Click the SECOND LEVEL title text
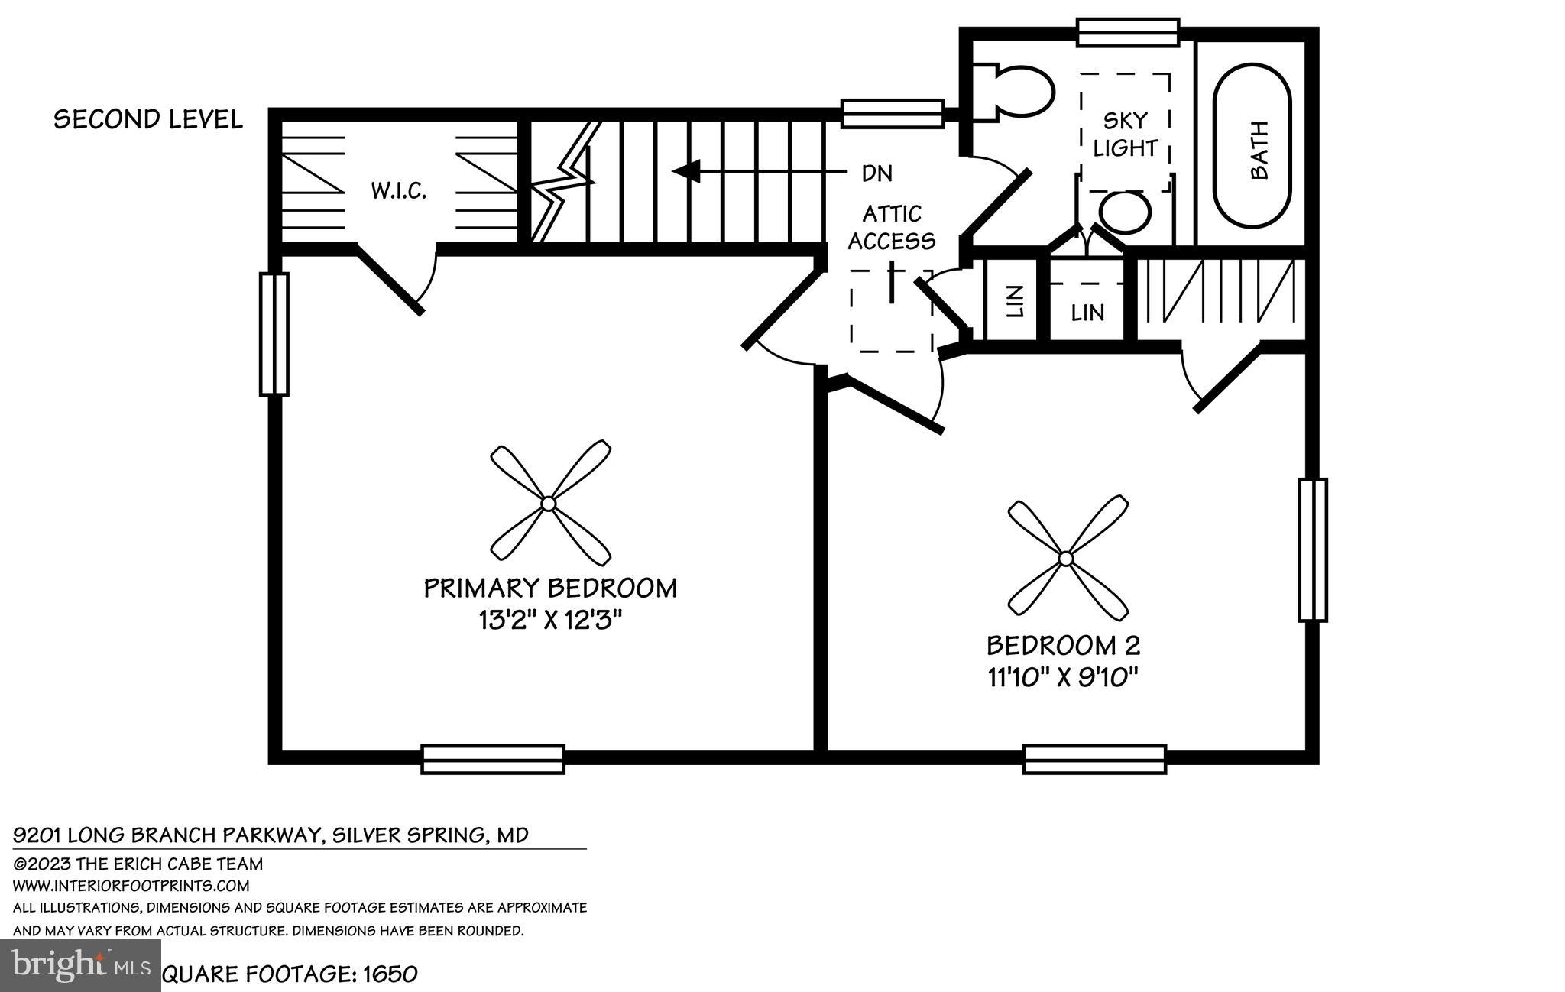tap(148, 119)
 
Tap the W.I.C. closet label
tap(399, 190)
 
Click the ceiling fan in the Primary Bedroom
tap(549, 503)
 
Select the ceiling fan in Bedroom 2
tap(1067, 559)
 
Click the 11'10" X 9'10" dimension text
tap(1064, 677)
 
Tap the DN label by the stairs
tap(876, 173)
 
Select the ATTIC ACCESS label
tap(891, 227)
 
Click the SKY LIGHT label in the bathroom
tap(1125, 134)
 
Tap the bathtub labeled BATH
tap(1253, 145)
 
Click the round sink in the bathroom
tap(1125, 212)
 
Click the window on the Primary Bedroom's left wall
tap(274, 334)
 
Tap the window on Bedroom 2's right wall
tap(1312, 549)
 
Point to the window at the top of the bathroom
tap(1128, 33)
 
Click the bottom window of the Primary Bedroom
tap(493, 759)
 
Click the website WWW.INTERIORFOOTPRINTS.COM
tap(131, 886)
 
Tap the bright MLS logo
tap(80, 966)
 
